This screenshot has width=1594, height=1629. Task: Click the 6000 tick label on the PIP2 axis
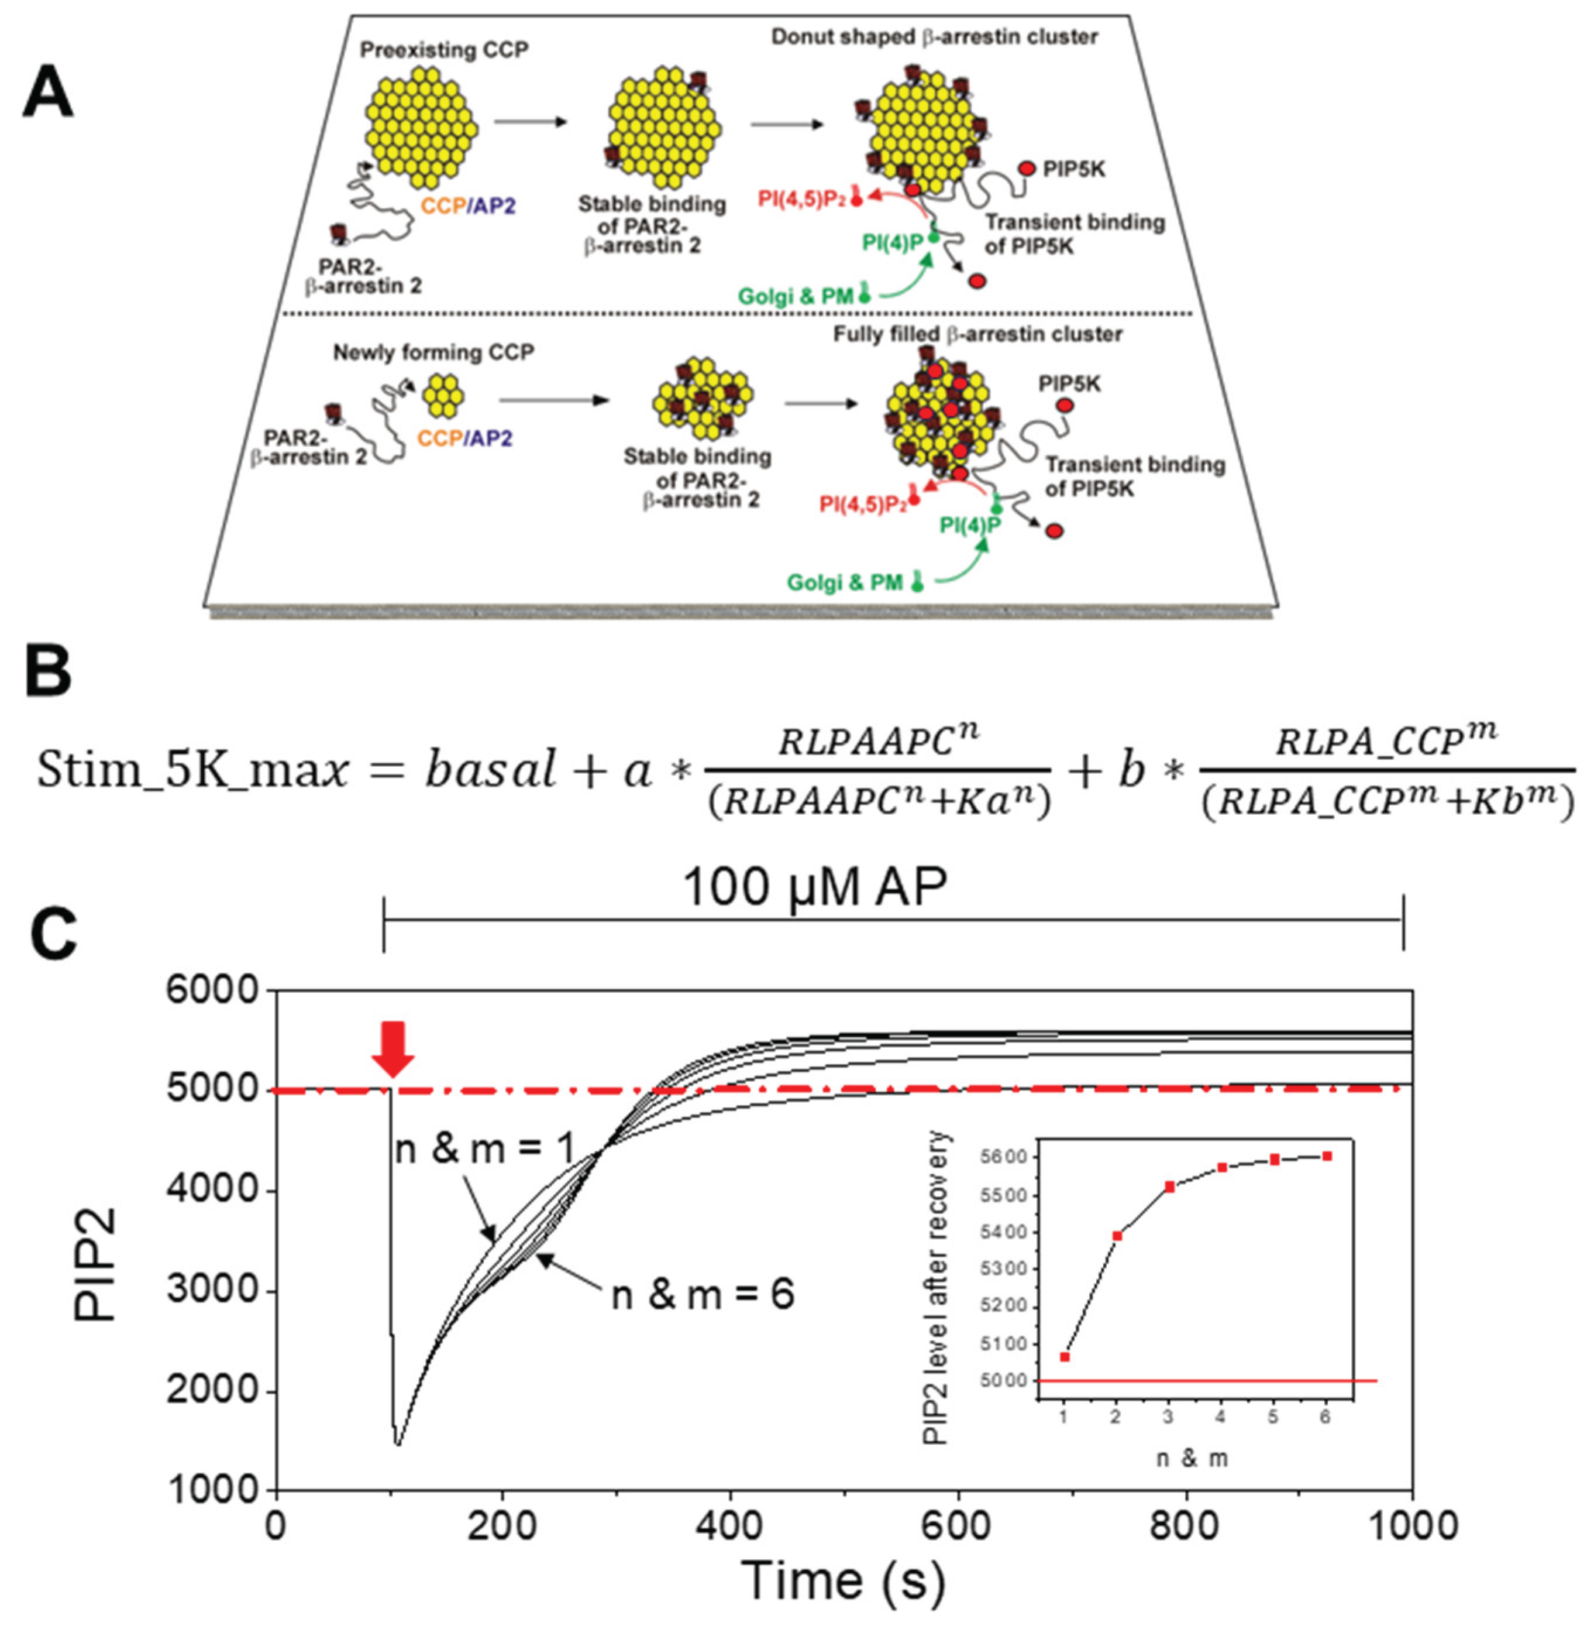coord(213,991)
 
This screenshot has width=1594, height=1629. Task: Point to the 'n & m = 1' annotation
coord(484,1149)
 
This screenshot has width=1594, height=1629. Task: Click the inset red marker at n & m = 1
coord(1064,1357)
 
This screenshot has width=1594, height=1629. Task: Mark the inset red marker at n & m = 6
coord(1326,1156)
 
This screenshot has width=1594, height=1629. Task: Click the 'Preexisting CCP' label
coord(444,50)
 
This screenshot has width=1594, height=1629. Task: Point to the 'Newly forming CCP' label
coord(433,352)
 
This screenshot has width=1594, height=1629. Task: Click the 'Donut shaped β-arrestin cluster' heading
coord(934,37)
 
